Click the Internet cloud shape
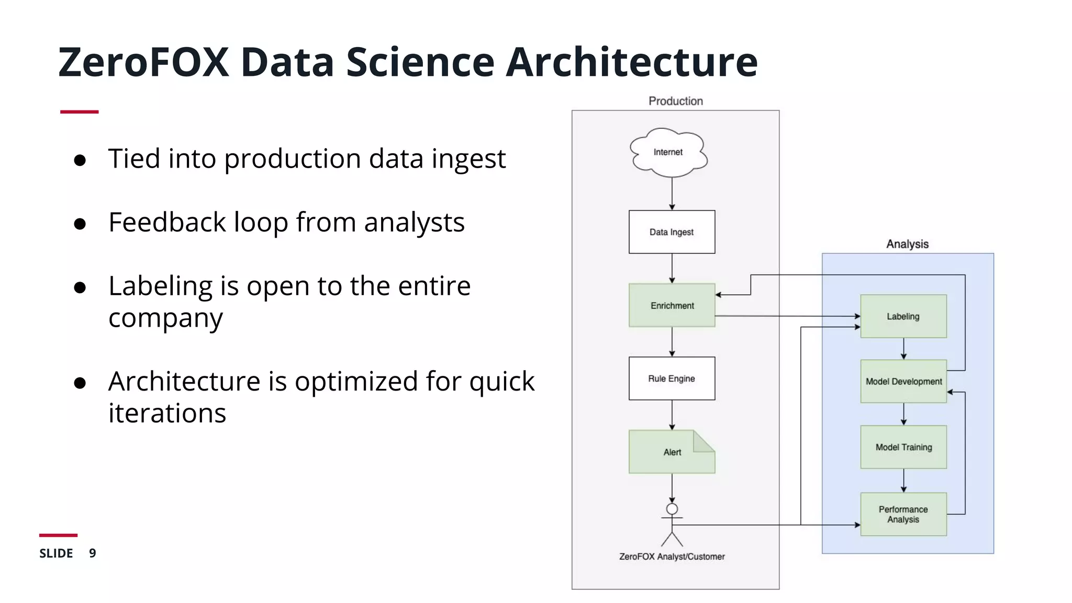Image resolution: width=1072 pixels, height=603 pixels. click(x=668, y=152)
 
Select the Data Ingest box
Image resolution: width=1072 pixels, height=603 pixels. click(x=672, y=232)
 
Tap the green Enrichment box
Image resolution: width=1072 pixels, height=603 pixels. click(x=672, y=305)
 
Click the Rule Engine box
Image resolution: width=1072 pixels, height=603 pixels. click(x=672, y=378)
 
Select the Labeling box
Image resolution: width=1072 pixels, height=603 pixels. click(x=903, y=316)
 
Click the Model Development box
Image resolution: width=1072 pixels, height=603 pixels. click(x=903, y=382)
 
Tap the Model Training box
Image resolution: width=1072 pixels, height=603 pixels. click(x=903, y=447)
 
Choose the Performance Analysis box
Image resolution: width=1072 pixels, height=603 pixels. click(x=903, y=514)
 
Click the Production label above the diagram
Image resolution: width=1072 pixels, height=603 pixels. click(x=675, y=101)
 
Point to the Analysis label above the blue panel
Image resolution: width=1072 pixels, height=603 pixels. click(x=907, y=244)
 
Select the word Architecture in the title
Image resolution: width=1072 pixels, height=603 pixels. click(x=631, y=62)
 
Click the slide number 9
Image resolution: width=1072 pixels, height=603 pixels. click(x=93, y=553)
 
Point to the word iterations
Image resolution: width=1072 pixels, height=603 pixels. click(x=167, y=413)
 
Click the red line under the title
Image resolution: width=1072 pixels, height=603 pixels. click(x=79, y=111)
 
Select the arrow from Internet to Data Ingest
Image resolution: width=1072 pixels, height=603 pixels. click(x=672, y=194)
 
